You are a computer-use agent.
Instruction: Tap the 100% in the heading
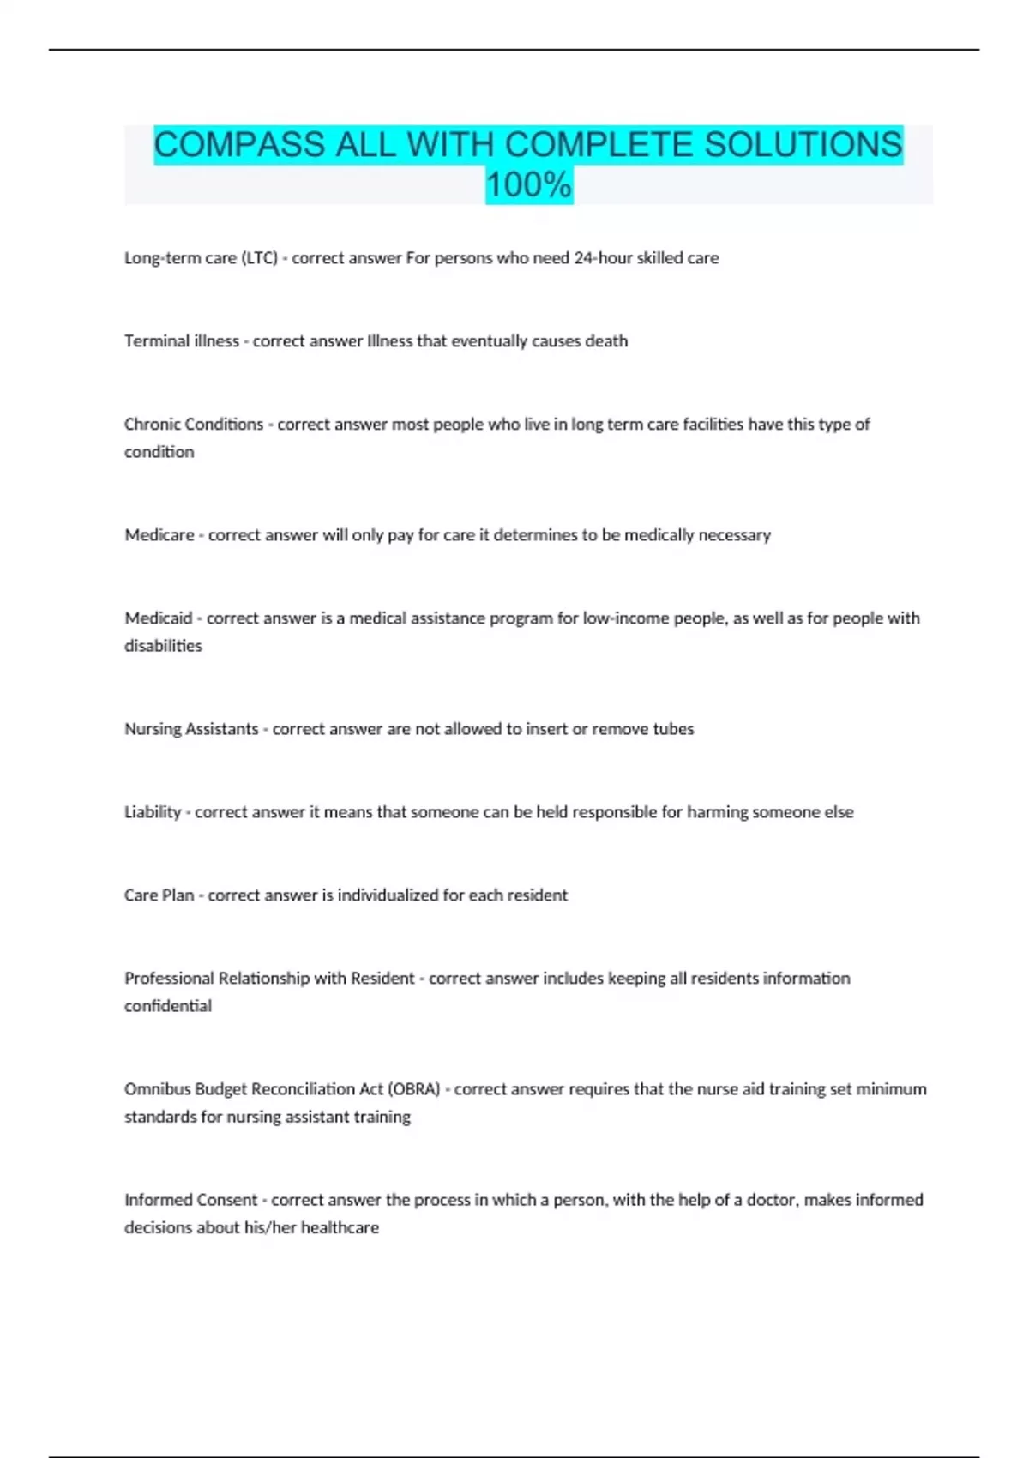528,184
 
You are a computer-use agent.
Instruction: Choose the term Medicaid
158,618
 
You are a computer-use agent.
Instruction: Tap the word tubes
673,729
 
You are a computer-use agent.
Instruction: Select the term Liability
153,812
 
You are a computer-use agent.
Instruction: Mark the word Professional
169,979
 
